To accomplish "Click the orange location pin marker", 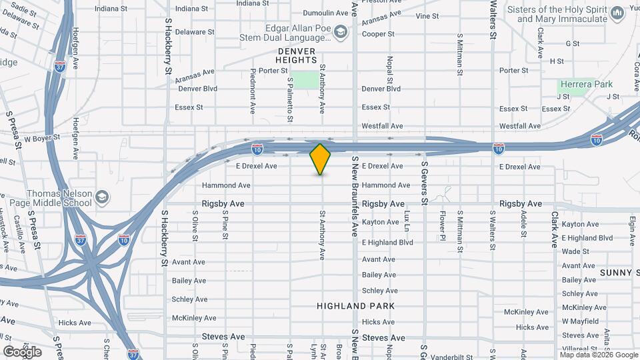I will pyautogui.click(x=321, y=159).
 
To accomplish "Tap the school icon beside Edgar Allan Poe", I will pyautogui.click(x=341, y=31).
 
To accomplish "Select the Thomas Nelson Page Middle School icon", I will pyautogui.click(x=101, y=197).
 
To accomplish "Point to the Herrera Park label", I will pyautogui.click(x=586, y=85).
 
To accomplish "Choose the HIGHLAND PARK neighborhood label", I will pyautogui.click(x=355, y=306).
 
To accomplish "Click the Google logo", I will pyautogui.click(x=22, y=351).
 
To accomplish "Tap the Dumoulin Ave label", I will pyautogui.click(x=311, y=13).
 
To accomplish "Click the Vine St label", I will pyautogui.click(x=427, y=16).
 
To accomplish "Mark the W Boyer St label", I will pyautogui.click(x=42, y=139).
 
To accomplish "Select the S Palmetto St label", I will pyautogui.click(x=290, y=99).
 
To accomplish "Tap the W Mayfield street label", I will pyautogui.click(x=581, y=321).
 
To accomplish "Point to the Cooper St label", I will pyautogui.click(x=379, y=34).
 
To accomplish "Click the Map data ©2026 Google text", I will pyautogui.click(x=597, y=355).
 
